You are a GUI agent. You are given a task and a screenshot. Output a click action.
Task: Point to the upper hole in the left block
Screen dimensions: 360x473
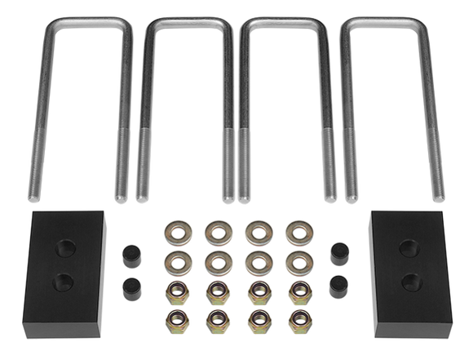[62, 248]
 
